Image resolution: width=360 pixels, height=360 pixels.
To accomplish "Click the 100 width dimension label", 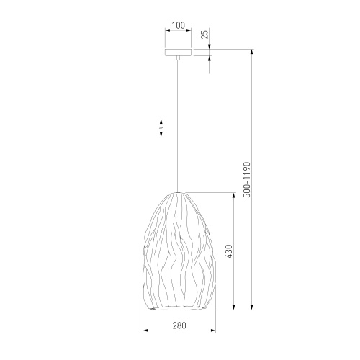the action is [x=179, y=25].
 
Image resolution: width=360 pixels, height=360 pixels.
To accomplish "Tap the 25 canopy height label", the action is [x=205, y=35].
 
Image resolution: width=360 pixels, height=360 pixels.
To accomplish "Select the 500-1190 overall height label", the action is [x=247, y=180].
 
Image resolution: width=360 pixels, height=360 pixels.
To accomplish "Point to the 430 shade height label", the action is [x=229, y=251].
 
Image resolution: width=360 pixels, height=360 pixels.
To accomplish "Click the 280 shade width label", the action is [x=179, y=325].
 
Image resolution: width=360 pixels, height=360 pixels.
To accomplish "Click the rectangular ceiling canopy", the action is [x=178, y=53].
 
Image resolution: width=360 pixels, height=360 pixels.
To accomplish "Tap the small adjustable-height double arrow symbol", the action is [x=161, y=128].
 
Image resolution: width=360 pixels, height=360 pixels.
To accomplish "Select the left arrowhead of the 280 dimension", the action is [x=145, y=330].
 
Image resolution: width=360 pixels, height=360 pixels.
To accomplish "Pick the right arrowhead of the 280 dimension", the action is [x=213, y=330].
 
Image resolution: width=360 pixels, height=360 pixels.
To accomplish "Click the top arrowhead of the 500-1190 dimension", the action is [x=252, y=52].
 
